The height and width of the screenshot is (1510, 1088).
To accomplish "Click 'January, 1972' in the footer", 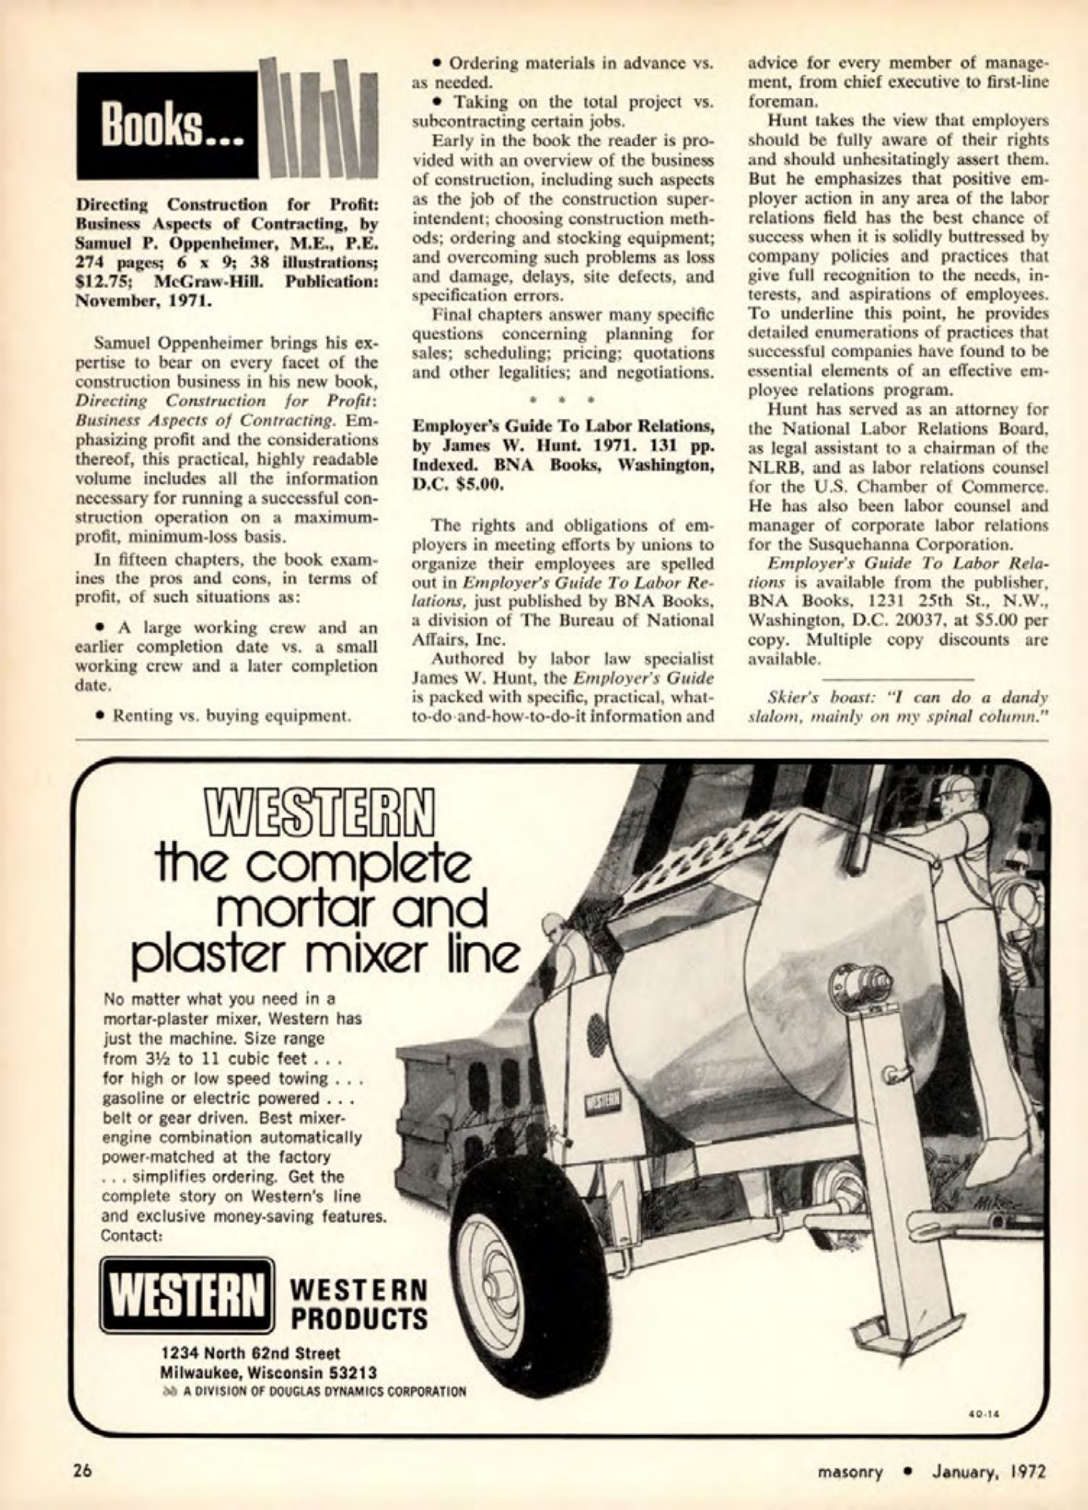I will coord(990,1471).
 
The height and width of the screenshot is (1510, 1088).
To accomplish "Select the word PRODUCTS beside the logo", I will coord(359,1318).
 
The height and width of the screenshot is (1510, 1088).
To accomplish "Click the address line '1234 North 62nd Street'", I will coord(251,1353).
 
